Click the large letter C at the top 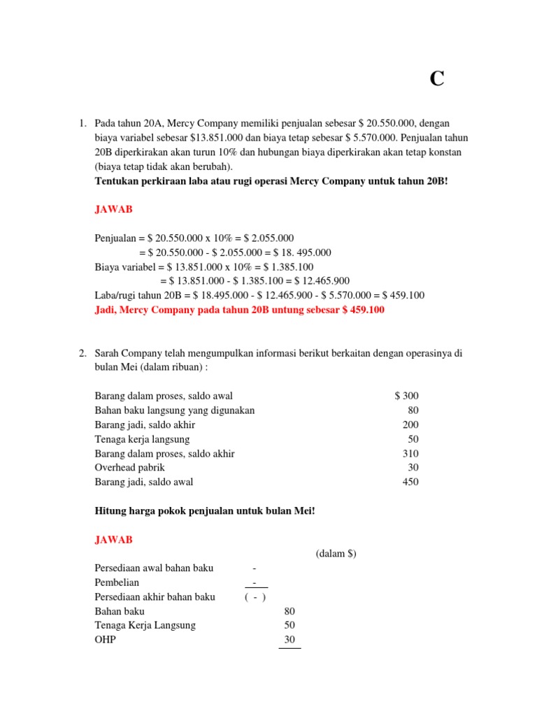click(437, 80)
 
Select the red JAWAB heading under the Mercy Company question click(113, 208)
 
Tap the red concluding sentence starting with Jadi click(239, 310)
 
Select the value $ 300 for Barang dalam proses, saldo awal click(406, 396)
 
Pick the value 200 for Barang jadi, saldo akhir click(410, 424)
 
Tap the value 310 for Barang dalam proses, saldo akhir click(410, 453)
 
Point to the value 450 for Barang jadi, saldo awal click(410, 482)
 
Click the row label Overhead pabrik click(129, 467)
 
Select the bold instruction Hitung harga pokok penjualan click(205, 511)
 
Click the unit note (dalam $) click(336, 554)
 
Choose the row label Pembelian click(117, 582)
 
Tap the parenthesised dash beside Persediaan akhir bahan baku click(255, 596)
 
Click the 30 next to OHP click(289, 639)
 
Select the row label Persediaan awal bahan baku click(154, 568)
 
